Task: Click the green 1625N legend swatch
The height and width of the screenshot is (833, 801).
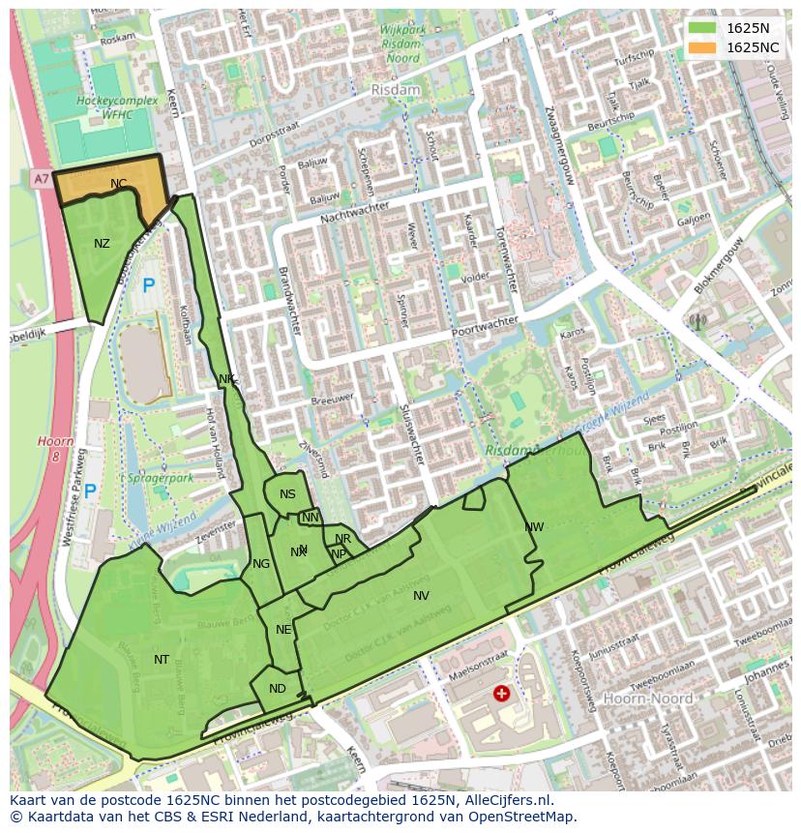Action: (x=703, y=28)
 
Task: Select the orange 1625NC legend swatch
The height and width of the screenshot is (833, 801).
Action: (x=703, y=47)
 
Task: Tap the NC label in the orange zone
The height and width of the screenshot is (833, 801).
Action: (x=118, y=184)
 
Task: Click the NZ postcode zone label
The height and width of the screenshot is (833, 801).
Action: (x=102, y=244)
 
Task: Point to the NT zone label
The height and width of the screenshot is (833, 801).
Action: (x=162, y=660)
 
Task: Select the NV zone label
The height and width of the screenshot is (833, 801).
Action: (x=421, y=596)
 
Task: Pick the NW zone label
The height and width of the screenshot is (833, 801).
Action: (x=534, y=527)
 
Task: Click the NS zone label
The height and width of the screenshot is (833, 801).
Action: (x=287, y=494)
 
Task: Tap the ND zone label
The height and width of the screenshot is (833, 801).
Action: (x=278, y=689)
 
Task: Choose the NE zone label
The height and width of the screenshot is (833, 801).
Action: (x=283, y=630)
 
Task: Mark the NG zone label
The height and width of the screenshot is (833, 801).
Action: (x=261, y=564)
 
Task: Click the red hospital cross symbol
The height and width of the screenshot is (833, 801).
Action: (x=501, y=693)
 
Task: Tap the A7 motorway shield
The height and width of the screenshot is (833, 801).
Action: (x=40, y=179)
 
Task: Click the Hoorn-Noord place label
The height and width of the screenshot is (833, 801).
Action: (x=647, y=699)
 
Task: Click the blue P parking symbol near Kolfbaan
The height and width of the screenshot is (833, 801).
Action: (x=148, y=285)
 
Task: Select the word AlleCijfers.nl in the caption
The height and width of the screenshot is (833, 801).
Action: (x=505, y=800)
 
